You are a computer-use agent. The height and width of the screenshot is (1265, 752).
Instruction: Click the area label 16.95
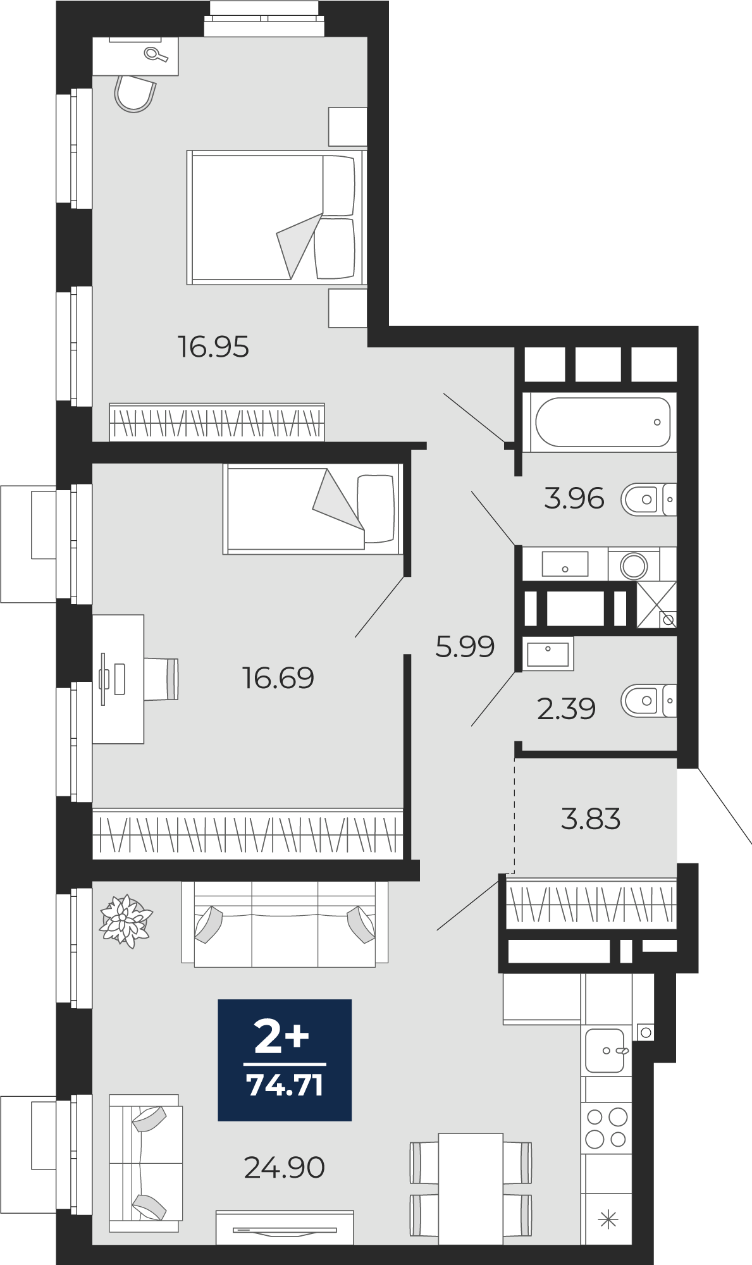213,347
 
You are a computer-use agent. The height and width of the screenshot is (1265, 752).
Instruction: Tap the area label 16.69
278,678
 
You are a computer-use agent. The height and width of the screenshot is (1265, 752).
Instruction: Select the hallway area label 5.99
465,646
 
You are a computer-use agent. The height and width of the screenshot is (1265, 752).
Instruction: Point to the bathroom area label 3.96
574,498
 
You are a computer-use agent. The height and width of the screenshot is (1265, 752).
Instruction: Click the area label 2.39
567,708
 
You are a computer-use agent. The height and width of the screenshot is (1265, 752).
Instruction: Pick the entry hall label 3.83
591,818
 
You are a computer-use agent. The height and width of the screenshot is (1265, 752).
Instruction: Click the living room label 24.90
285,1168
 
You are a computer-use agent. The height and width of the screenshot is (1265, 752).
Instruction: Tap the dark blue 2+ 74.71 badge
285,1060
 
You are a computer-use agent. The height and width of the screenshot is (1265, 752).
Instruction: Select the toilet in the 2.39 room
649,701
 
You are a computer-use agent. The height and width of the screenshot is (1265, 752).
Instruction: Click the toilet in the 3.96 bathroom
649,500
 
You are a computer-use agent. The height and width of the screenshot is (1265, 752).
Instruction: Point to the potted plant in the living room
126,921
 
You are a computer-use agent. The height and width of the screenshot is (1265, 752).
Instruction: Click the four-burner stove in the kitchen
607,1127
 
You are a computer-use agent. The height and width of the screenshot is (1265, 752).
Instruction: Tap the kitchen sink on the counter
605,1051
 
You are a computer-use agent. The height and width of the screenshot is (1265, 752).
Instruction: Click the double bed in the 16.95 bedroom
276,217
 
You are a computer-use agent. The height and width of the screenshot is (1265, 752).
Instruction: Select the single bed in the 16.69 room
312,509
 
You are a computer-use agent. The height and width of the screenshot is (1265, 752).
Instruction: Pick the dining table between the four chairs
471,1188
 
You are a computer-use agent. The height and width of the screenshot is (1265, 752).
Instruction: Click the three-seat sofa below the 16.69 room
285,924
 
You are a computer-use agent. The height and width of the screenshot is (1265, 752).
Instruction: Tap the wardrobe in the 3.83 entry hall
591,903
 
